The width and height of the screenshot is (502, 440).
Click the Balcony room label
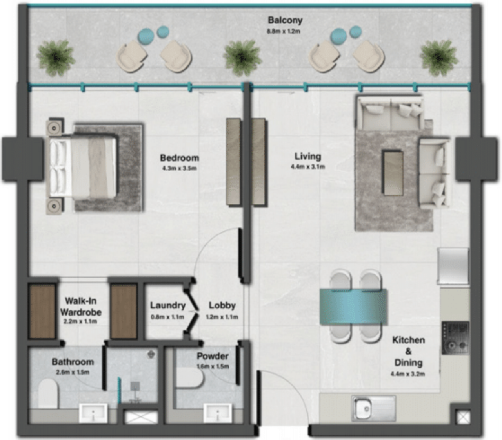tap(285, 20)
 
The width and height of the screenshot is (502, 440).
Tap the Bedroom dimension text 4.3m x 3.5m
tap(179, 169)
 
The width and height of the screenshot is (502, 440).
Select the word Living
tap(307, 157)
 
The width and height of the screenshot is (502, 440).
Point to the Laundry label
tap(167, 305)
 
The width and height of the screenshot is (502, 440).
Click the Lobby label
tap(222, 305)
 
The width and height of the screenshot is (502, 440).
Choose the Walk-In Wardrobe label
tap(80, 307)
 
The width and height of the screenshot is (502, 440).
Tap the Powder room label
tap(213, 356)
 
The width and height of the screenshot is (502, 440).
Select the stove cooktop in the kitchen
tap(455, 337)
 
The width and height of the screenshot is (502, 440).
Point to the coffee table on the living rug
tap(393, 173)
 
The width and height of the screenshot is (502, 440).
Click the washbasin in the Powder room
tap(217, 414)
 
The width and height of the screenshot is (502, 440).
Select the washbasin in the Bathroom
tap(93, 414)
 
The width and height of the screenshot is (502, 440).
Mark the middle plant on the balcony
tap(242, 58)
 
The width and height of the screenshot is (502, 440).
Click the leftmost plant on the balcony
tap(55, 58)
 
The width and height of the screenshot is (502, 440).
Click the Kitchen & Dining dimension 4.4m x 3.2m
tap(408, 374)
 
